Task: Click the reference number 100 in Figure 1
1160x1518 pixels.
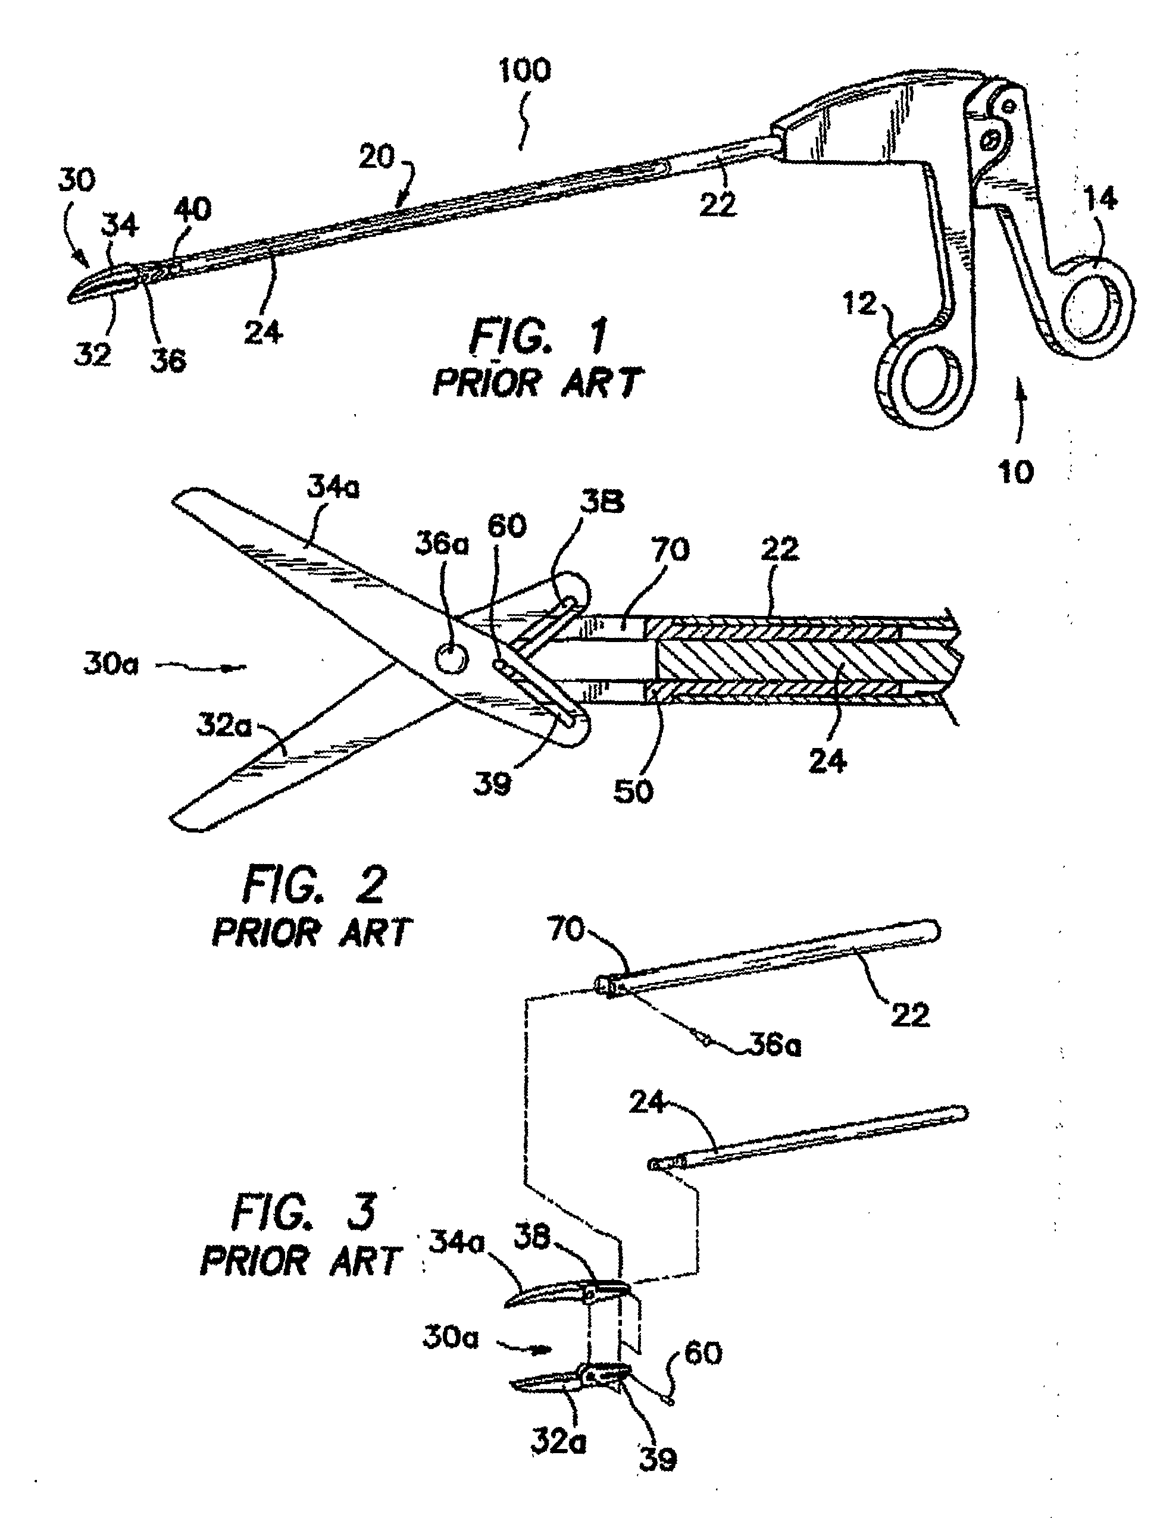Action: coord(525,71)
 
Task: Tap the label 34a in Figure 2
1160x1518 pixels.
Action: coord(333,489)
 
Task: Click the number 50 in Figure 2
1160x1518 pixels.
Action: coord(633,791)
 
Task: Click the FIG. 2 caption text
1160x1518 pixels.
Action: coord(314,885)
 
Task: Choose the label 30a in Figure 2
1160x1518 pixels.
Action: coord(111,664)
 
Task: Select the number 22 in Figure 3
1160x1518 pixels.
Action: coord(909,1014)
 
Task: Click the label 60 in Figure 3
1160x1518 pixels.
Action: coord(703,1353)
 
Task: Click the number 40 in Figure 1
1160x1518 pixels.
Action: coord(191,209)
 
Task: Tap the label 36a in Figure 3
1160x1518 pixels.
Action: coord(775,1046)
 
